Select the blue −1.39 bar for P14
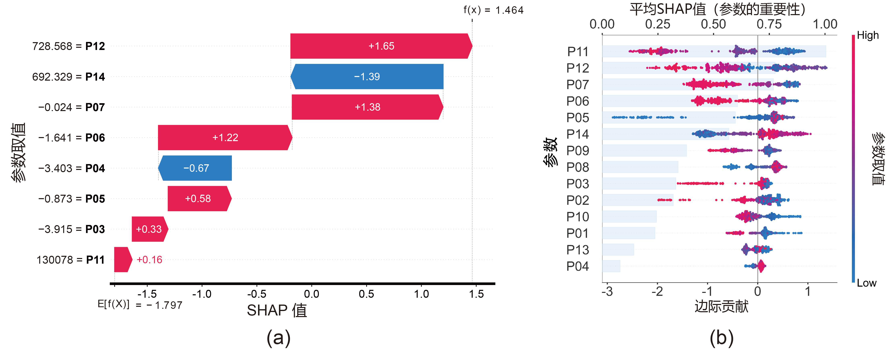coord(367,76)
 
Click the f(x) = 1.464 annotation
coord(493,10)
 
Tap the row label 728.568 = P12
coord(68,46)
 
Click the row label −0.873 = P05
coord(71,199)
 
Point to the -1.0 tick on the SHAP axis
coord(202,294)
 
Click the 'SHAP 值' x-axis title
coord(277,310)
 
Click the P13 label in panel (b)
coord(578,250)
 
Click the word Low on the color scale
coord(867,283)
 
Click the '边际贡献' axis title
coord(721,307)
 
